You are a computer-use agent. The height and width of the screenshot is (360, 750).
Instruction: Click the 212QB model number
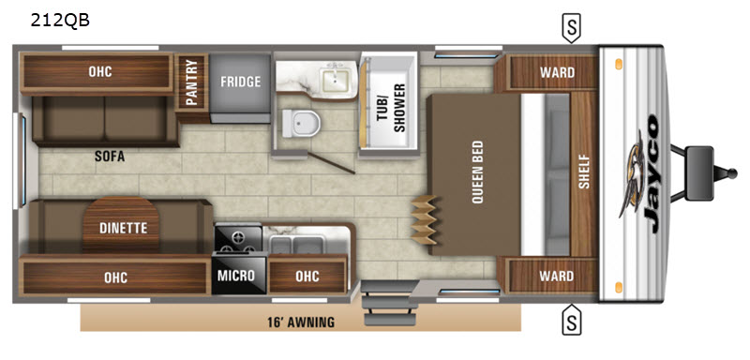[x=60, y=21]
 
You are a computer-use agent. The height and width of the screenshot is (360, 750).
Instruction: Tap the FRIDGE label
[x=241, y=82]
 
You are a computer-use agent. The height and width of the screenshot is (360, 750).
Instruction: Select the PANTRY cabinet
[x=191, y=82]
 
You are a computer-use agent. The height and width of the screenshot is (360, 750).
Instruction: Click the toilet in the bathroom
[x=300, y=123]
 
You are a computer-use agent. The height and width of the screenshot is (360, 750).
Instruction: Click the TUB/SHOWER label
[x=394, y=108]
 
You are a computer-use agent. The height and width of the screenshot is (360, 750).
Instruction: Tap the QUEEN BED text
[x=477, y=172]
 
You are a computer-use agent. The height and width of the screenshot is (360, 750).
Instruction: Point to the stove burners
[x=238, y=238]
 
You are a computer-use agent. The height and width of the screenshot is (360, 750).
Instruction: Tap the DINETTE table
[x=123, y=224]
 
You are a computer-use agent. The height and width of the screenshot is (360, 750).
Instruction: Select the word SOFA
[x=109, y=157]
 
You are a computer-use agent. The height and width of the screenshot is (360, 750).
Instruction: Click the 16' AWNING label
[x=301, y=322]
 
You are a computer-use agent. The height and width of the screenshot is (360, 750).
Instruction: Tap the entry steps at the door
[x=387, y=304]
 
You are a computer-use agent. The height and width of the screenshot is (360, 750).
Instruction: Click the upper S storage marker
[x=571, y=28]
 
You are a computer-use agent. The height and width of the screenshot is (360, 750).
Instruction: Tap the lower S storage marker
[x=571, y=320]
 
